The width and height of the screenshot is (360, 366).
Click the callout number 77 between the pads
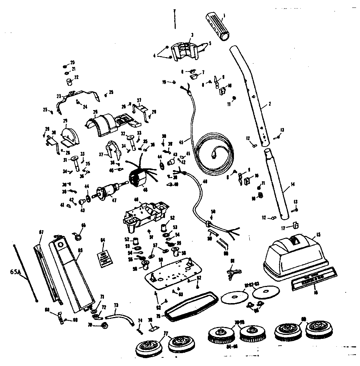(166, 333)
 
